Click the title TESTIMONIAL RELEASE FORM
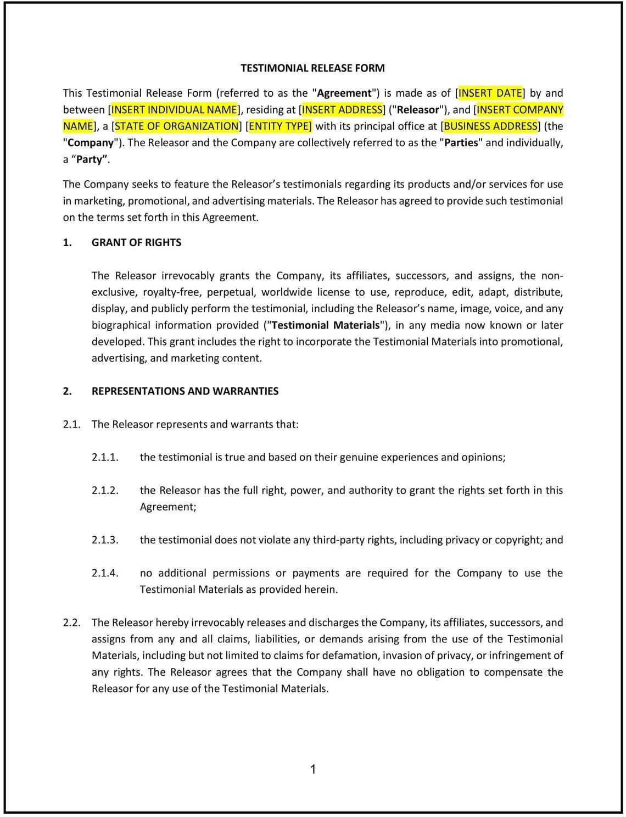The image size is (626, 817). coord(312,68)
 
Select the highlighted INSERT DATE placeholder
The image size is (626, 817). coord(490,93)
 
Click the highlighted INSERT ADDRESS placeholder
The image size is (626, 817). coord(342,109)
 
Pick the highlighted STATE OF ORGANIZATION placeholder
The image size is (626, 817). coord(176,126)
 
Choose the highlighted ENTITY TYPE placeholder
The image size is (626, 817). coord(280,126)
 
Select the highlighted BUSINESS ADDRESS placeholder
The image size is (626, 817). coord(490,126)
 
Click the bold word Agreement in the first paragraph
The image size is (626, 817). coord(344,93)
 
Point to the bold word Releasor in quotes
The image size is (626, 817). coord(418,109)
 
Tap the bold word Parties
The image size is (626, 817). coord(461,142)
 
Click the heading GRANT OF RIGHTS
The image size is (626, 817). coord(136,242)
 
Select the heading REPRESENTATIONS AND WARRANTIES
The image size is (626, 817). coord(185,391)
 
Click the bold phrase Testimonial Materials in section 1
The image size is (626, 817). coord(325,325)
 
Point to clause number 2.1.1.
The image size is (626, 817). coord(105,457)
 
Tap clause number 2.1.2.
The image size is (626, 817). coord(105,490)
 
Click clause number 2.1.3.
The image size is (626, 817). coord(105,540)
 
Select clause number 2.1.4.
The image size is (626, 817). coord(105,573)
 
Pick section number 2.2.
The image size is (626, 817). coord(71,623)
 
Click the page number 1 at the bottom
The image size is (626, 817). coord(313,769)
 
